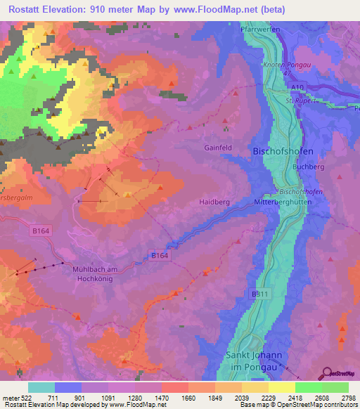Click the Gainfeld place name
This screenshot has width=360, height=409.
coord(218,149)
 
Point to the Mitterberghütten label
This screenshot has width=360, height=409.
coord(282,202)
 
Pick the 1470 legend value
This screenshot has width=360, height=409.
coord(161,398)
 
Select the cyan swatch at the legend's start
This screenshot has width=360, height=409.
coord(41,387)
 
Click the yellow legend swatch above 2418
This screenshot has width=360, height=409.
coord(281,387)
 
